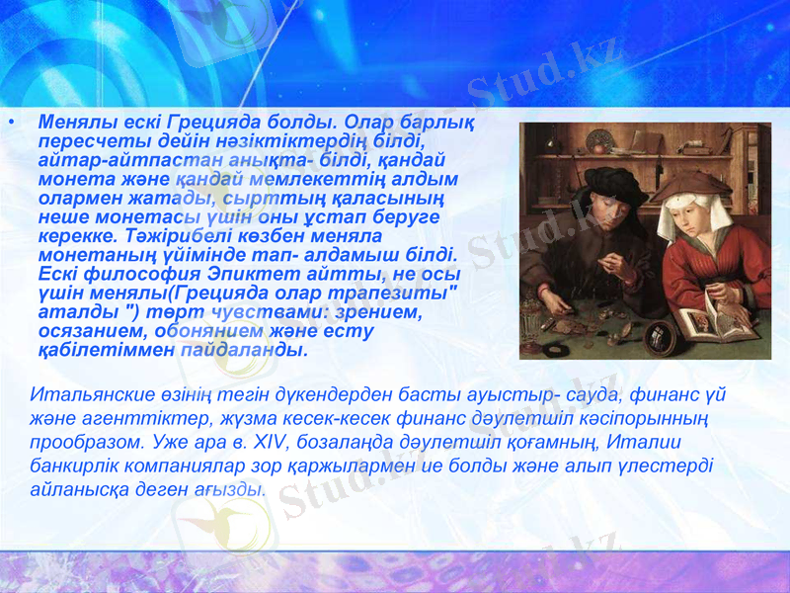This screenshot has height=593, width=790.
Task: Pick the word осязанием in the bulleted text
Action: click(81, 332)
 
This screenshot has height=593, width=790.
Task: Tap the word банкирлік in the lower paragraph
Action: click(74, 465)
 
